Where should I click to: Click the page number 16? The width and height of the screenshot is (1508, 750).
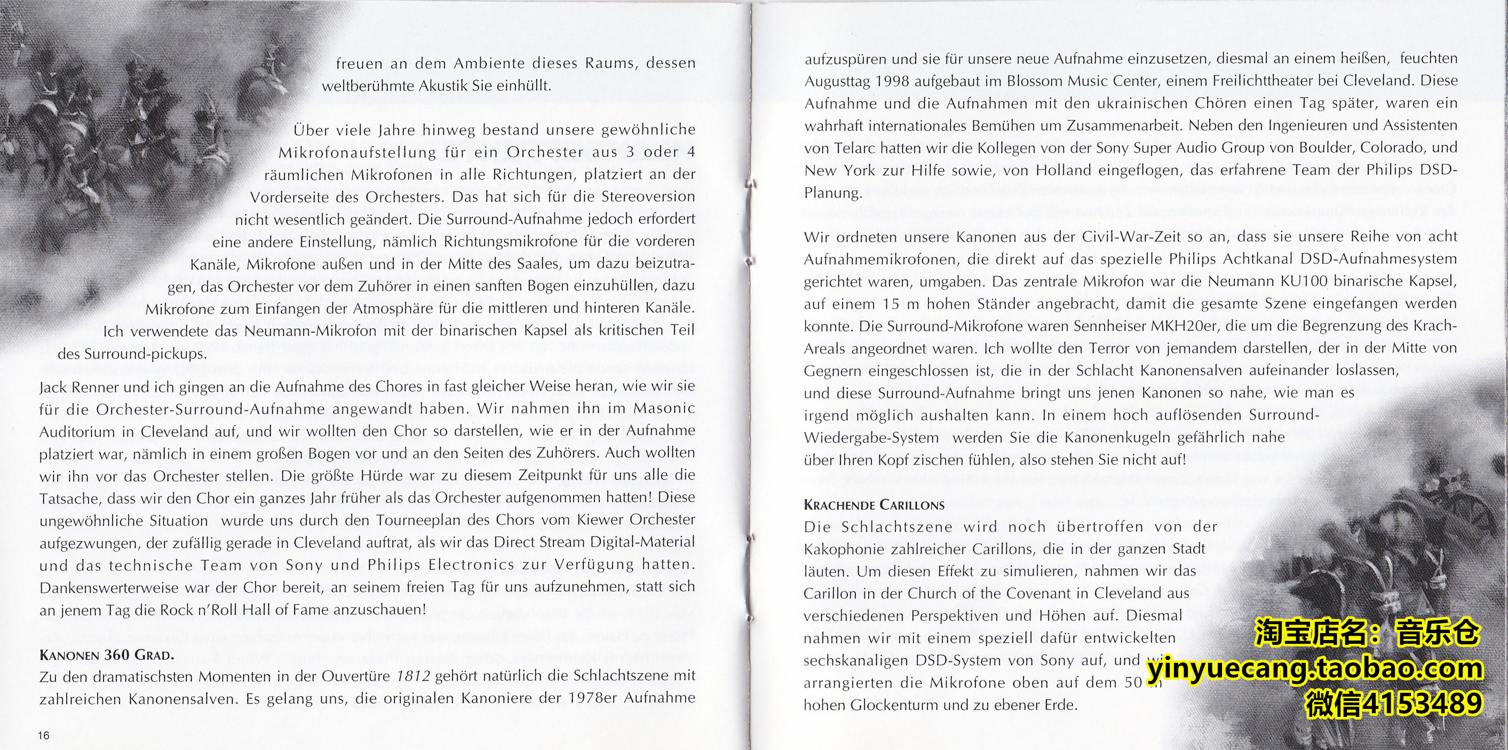point(44,736)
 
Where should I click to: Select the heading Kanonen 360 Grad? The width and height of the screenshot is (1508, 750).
point(107,654)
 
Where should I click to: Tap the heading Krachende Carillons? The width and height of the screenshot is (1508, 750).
point(874,504)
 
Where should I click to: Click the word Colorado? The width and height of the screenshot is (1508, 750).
point(1394,147)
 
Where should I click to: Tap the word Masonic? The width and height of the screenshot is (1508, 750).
point(663,408)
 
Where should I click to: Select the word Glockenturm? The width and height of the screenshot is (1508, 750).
point(892,705)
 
